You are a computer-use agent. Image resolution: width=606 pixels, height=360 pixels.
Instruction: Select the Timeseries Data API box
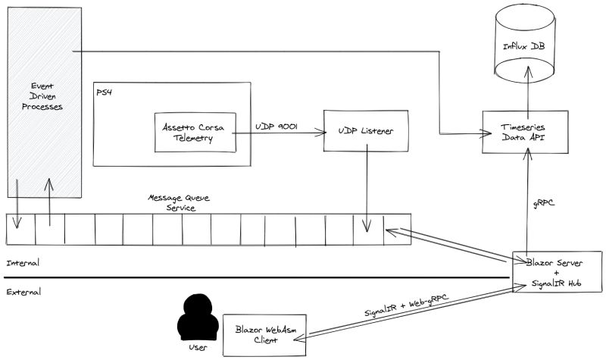tap(524, 133)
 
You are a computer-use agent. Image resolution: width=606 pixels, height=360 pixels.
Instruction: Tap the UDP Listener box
tap(367, 132)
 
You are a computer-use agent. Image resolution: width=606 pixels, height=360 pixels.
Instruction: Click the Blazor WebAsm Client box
tap(264, 334)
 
